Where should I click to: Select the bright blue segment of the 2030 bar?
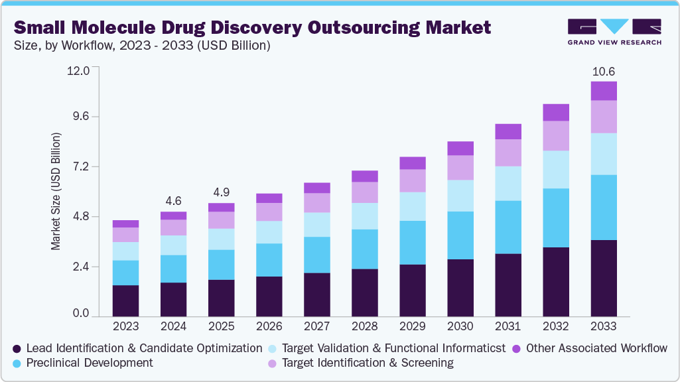coord(460,235)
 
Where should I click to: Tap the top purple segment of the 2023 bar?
coord(125,223)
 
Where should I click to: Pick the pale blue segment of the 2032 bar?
coord(556,169)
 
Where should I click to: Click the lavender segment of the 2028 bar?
coord(364,192)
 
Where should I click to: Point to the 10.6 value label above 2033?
coord(604,71)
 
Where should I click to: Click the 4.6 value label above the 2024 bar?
coord(173,200)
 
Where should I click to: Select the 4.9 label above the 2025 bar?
coord(221,192)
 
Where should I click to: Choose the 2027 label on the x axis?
coord(316,326)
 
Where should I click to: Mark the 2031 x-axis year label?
coord(508,326)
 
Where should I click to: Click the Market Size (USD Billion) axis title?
coord(56,191)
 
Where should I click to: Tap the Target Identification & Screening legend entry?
coord(367,363)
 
